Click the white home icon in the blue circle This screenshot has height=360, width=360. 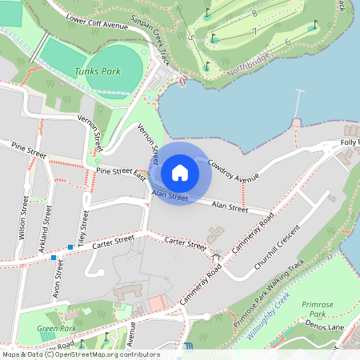(x=180, y=172)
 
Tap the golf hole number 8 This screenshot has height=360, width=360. (x=254, y=14)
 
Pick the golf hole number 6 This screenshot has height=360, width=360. (x=286, y=42)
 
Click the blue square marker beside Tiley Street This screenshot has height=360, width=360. (x=70, y=246)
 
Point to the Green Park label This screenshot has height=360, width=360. (x=56, y=329)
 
